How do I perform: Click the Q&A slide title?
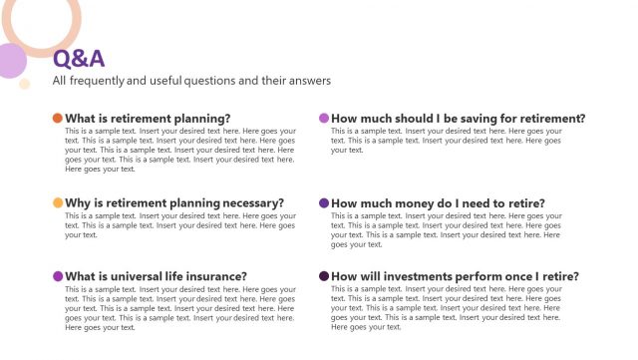click(78, 59)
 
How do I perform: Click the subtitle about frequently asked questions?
click(191, 81)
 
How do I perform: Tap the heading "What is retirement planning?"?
click(148, 118)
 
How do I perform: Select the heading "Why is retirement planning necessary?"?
click(174, 202)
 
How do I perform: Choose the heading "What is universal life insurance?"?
click(157, 276)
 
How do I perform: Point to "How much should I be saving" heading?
click(458, 118)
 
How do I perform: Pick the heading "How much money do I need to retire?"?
click(438, 202)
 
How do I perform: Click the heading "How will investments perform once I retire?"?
click(455, 276)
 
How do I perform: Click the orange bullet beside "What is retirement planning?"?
click(58, 118)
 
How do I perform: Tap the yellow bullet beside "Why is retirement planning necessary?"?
click(58, 202)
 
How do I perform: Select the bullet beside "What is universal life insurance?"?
click(58, 276)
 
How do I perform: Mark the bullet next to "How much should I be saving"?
click(324, 118)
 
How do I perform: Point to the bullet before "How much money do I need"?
click(324, 202)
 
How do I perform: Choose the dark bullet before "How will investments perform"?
click(324, 276)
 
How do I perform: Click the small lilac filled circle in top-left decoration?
click(9, 61)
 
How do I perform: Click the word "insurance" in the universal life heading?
click(214, 276)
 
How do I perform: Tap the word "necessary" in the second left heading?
click(247, 202)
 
